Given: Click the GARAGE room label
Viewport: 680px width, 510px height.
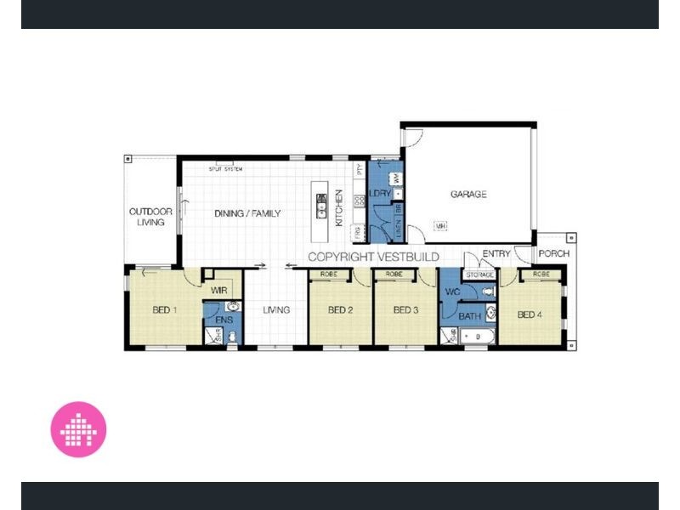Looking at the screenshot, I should (x=468, y=195).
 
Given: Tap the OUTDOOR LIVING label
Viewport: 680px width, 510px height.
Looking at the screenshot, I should (x=150, y=217).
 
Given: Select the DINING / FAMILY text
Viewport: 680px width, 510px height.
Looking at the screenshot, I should (x=246, y=213).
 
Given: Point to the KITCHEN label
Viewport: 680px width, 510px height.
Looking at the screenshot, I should (x=338, y=207).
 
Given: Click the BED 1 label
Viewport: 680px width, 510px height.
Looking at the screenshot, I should (x=165, y=310).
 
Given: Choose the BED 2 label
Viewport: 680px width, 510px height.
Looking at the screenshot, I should (x=340, y=310).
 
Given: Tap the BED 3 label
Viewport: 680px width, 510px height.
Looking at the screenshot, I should (x=406, y=310).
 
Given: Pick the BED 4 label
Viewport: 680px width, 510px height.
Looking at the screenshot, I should (x=530, y=314).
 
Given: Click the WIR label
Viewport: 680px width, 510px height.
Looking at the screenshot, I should (x=218, y=291).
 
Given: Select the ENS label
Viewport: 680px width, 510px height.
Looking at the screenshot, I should (x=224, y=320).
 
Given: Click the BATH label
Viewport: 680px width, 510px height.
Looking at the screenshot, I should (x=470, y=316).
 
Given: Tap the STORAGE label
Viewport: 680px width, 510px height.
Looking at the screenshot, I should (x=479, y=275).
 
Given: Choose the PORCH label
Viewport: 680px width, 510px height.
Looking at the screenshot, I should (x=554, y=253).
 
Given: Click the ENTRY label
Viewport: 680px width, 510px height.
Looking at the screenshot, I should (x=496, y=253).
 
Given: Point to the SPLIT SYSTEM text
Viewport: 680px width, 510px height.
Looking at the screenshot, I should (x=226, y=169).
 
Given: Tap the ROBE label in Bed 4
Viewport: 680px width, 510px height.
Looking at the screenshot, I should (x=541, y=275).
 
